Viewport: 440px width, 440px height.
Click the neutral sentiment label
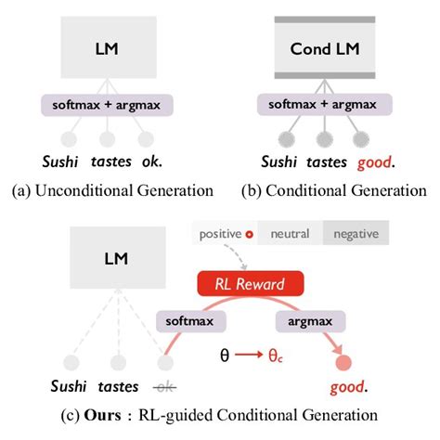(290, 234)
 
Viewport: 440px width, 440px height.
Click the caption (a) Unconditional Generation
(110, 191)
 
